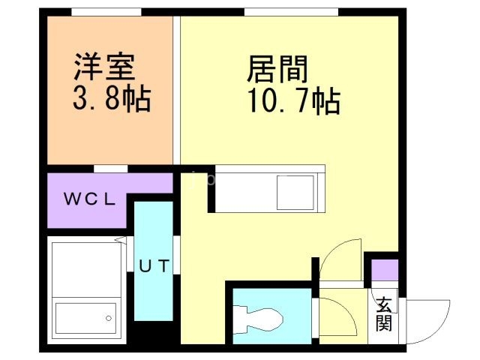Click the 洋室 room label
click(104, 67)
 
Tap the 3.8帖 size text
click(111, 97)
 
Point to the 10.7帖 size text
click(294, 100)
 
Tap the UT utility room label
click(154, 264)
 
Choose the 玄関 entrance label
click(384, 314)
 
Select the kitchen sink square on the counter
click(295, 193)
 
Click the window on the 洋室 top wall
click(106, 12)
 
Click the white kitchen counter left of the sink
click(244, 193)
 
